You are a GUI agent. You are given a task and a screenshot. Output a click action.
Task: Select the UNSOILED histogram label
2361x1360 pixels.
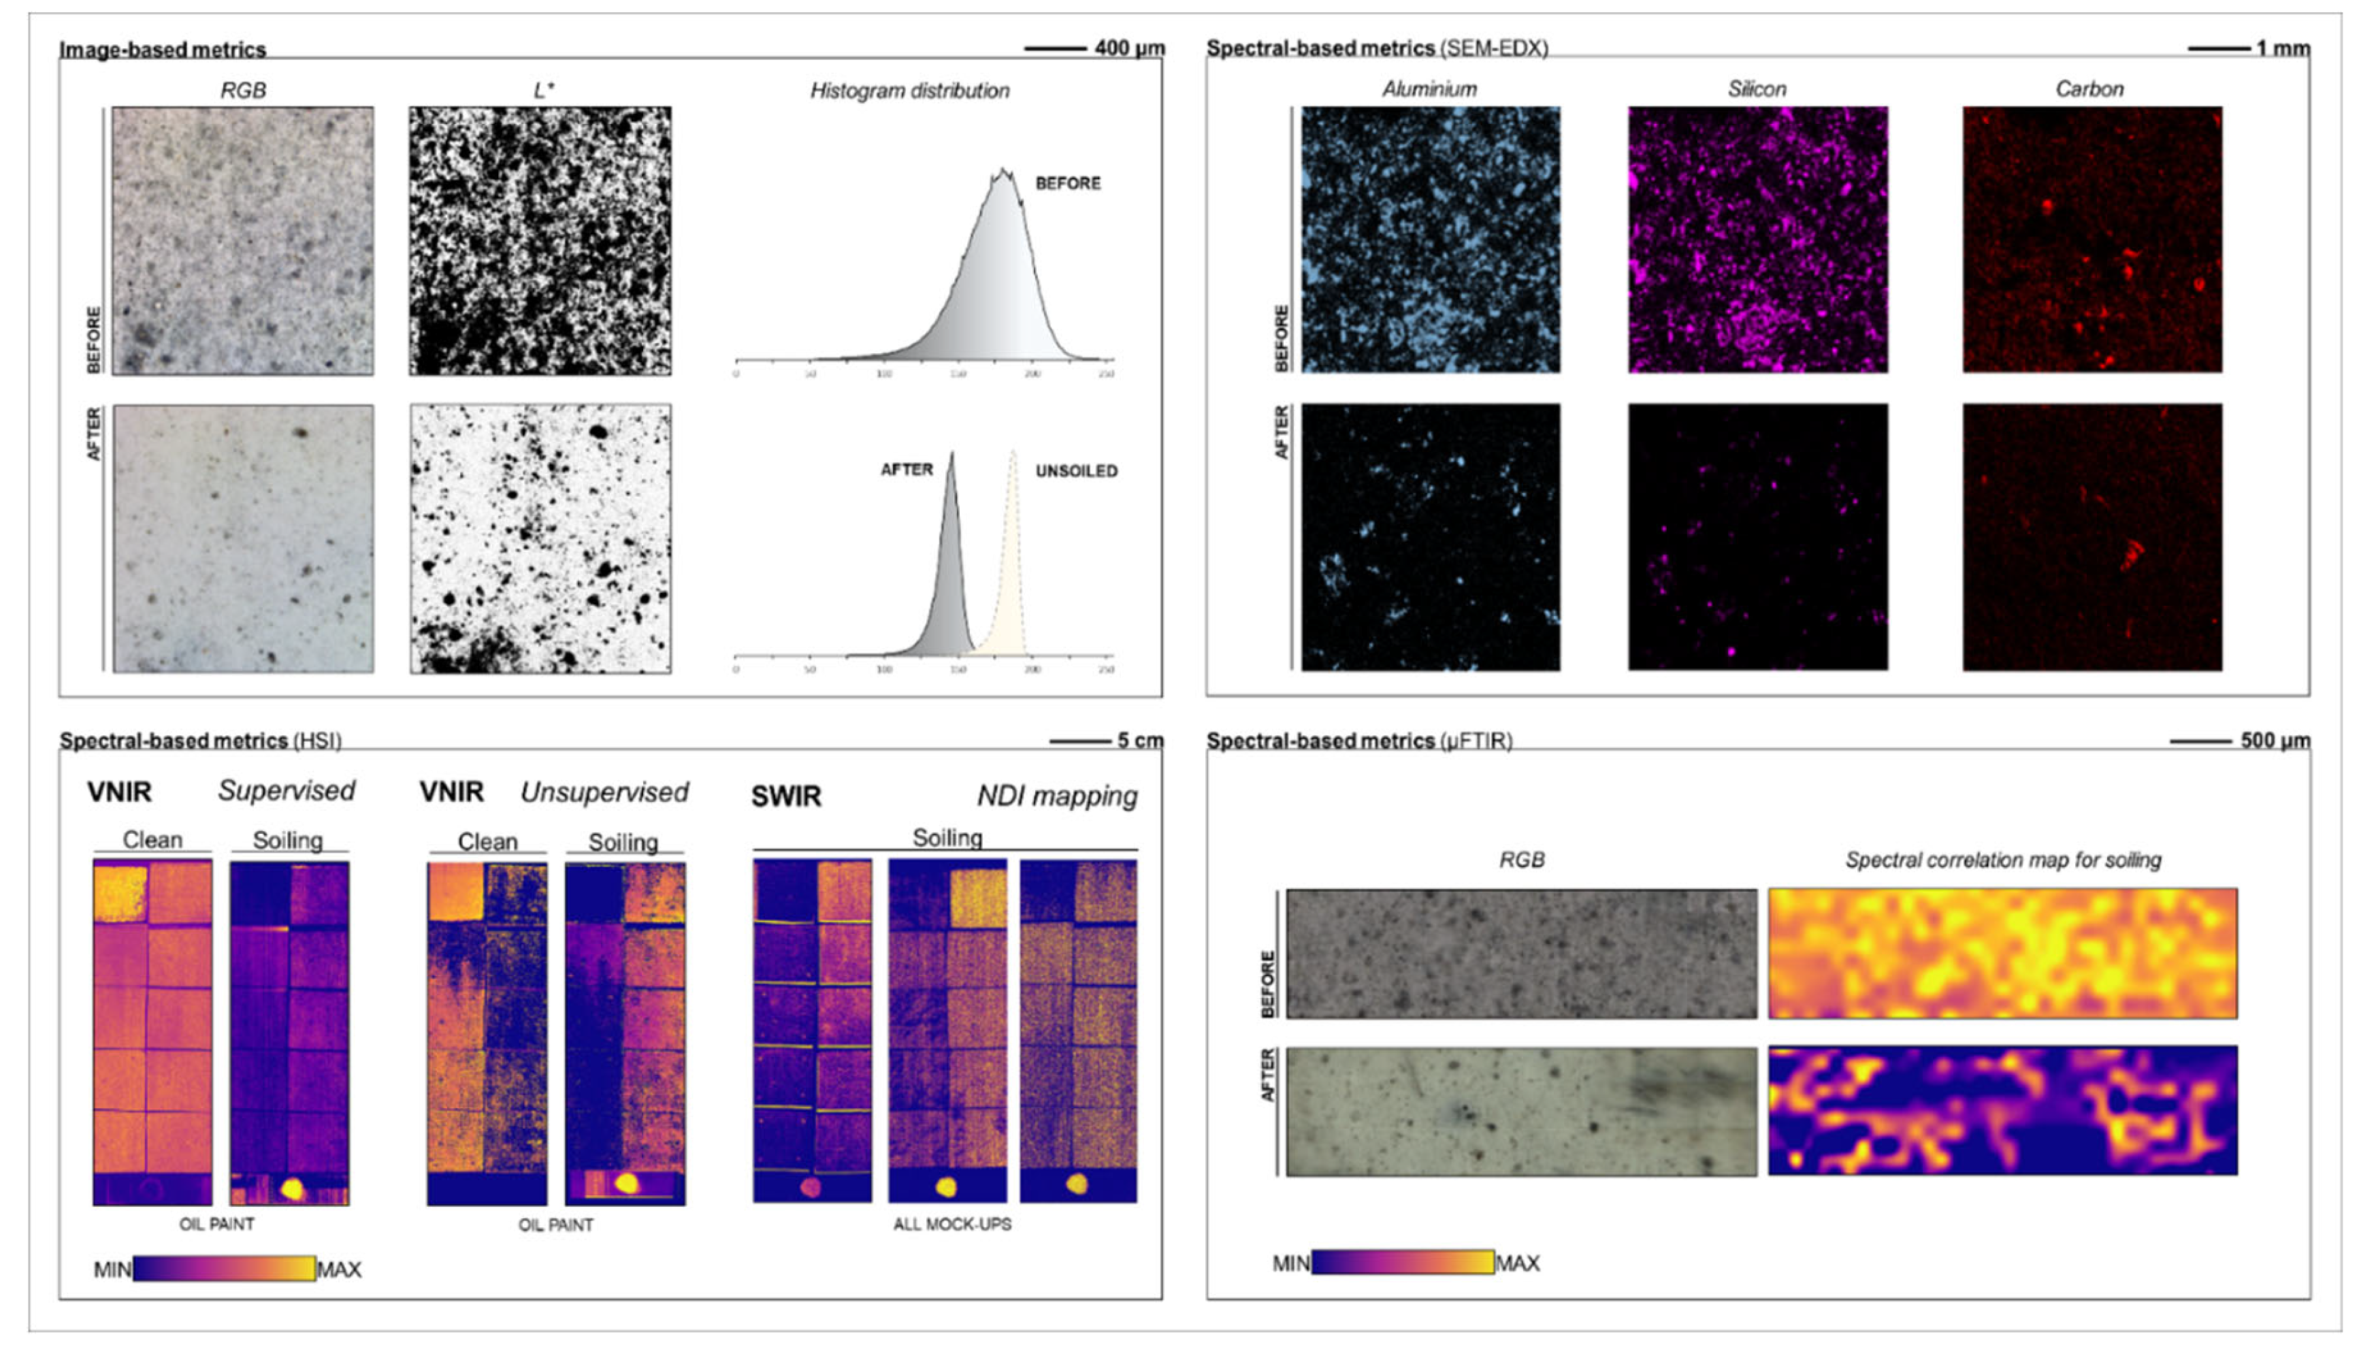(x=1076, y=471)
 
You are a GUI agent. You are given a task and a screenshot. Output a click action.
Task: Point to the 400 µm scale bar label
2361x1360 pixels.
(x=1129, y=48)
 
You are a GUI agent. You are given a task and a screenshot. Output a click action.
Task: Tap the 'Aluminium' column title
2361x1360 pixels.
(x=1429, y=88)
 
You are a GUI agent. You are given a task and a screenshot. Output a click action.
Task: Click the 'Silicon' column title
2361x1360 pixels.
(x=1756, y=88)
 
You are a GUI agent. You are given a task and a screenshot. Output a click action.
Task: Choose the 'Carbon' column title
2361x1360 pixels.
(x=2089, y=88)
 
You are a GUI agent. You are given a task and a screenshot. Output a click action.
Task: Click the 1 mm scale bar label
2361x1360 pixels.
(x=2283, y=48)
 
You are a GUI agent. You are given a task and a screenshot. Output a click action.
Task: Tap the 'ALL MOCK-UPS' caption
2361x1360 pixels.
(x=951, y=1224)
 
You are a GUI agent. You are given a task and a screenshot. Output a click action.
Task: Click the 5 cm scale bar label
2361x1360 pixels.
(x=1139, y=741)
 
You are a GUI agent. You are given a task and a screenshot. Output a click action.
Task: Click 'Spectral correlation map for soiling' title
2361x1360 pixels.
(x=2002, y=859)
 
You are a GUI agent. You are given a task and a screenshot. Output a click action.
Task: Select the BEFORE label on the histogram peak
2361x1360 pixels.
(x=1067, y=183)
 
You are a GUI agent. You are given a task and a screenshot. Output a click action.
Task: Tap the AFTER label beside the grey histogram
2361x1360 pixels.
(x=906, y=469)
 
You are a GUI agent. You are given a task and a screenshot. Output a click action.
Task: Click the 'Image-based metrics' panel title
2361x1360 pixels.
(x=163, y=50)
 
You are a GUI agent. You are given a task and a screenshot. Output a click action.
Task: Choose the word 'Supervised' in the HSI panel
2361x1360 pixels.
(x=287, y=790)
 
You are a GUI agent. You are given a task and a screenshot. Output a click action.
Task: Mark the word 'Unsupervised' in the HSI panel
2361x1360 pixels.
(x=604, y=792)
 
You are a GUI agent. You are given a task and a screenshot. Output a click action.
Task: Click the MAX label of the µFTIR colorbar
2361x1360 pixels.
(x=1517, y=1263)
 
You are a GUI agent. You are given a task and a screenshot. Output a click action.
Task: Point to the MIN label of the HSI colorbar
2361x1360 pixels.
(x=112, y=1269)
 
